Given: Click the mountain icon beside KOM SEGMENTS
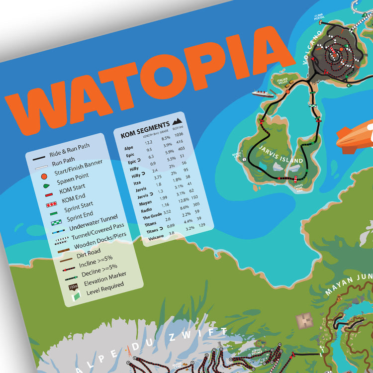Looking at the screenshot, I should (x=177, y=123).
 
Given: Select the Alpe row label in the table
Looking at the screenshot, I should (x=128, y=148).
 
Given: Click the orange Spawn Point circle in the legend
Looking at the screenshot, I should (x=44, y=176).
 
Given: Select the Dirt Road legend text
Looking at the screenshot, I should (x=90, y=254).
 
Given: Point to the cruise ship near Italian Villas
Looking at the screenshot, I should (x=263, y=93).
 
